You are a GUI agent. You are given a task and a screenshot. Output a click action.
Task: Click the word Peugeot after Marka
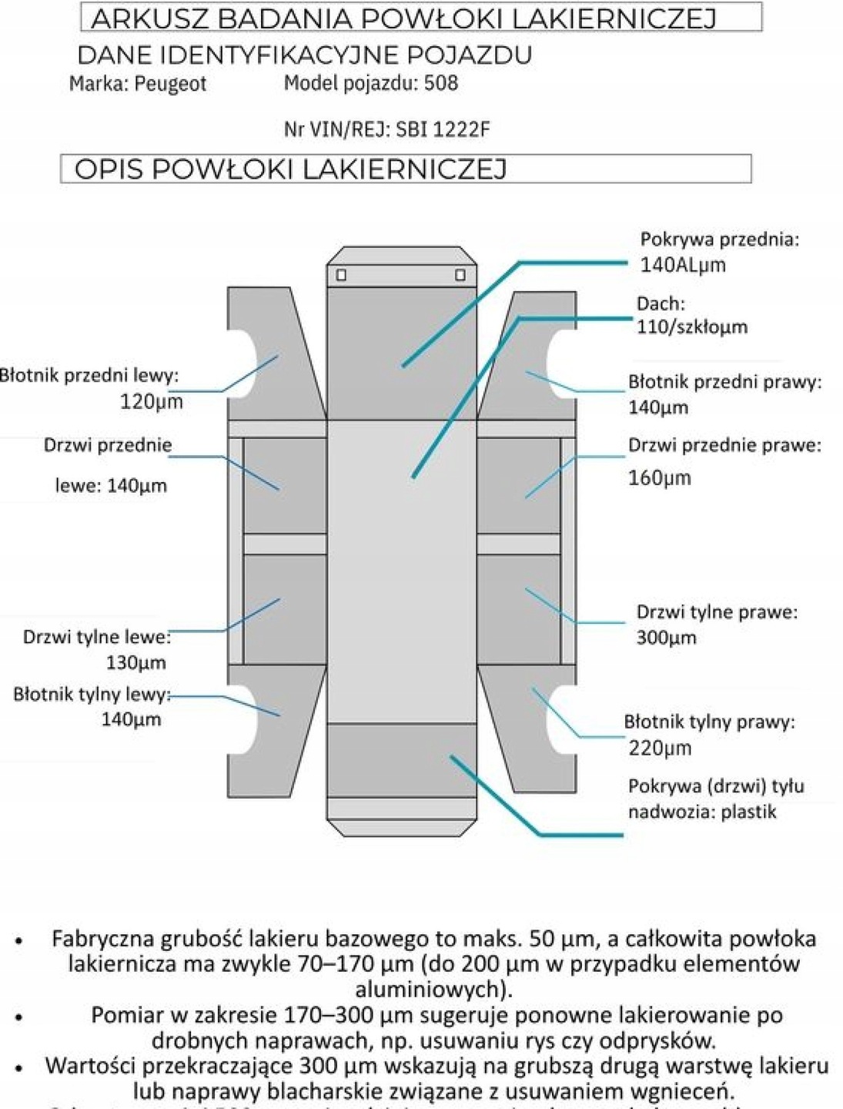(170, 84)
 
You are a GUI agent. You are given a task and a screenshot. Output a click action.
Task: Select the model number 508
(441, 82)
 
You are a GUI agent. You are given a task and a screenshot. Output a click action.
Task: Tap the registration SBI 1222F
(443, 129)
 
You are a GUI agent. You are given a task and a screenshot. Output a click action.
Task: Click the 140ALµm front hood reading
(683, 265)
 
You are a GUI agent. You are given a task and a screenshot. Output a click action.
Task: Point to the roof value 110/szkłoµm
(691, 327)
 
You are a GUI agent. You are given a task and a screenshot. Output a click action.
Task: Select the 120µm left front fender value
(152, 401)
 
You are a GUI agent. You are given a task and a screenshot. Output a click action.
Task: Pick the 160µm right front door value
(659, 478)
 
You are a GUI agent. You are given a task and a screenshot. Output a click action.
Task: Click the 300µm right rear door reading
(666, 638)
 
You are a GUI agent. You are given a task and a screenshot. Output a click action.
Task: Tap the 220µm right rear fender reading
(659, 748)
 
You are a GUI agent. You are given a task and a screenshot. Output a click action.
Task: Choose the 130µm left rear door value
(135, 662)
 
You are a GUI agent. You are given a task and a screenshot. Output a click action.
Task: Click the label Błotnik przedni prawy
(724, 382)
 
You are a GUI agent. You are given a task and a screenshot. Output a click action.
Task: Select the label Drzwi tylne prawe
(717, 612)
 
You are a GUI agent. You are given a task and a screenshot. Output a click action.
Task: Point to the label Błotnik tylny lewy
(92, 695)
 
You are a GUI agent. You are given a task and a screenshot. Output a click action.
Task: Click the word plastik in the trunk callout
(748, 812)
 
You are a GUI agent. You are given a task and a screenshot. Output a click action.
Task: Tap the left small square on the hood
(341, 275)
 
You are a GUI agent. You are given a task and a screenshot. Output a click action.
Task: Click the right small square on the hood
(460, 275)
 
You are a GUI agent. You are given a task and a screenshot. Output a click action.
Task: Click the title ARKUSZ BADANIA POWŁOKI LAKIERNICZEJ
(403, 18)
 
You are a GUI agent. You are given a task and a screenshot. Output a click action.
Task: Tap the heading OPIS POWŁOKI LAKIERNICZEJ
(290, 169)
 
